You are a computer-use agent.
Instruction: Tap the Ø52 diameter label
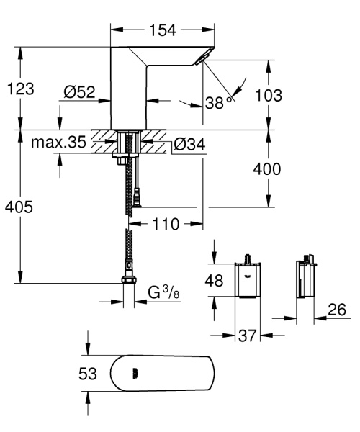80,91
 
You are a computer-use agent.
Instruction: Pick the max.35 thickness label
58,143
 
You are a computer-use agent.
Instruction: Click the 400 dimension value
266,170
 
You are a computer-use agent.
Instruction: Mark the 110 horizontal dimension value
166,224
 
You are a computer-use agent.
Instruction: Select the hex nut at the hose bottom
129,281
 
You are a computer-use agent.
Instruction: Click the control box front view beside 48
246,281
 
